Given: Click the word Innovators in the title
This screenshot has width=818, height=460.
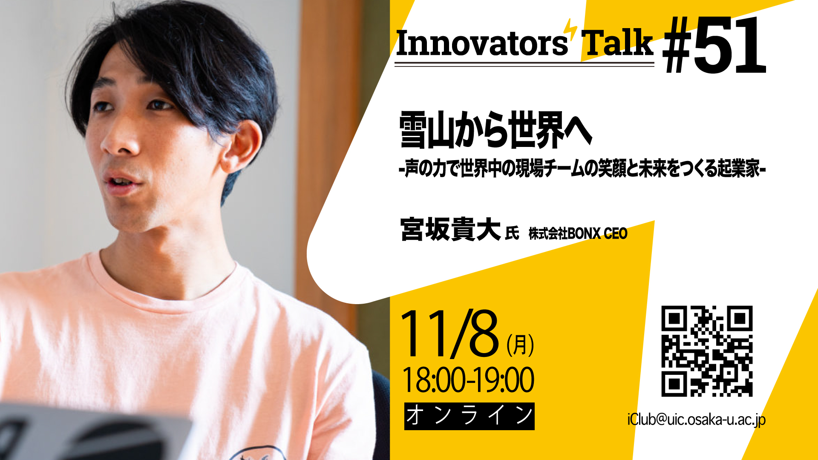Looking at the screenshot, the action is pos(481,43).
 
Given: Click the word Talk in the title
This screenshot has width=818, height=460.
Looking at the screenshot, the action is pos(617,43).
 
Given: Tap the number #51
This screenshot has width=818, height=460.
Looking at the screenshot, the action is pos(714,46).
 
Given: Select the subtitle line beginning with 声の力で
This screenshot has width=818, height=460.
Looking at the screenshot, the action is pos(582,169).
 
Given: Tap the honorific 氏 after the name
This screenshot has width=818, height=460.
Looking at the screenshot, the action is pos(512,233).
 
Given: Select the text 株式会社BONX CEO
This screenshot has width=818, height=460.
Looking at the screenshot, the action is pos(578,233).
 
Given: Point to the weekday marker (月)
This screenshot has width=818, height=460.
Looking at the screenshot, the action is pos(520,345).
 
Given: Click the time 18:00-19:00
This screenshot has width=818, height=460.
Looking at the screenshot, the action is pos(468,380).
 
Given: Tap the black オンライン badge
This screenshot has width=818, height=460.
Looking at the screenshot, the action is pos(469,416).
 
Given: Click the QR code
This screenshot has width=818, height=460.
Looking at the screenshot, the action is pos(707,351).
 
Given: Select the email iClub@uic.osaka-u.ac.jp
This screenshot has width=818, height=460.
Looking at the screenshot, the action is pos(697,420).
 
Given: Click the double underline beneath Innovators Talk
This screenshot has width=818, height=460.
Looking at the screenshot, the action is pos(524,64).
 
